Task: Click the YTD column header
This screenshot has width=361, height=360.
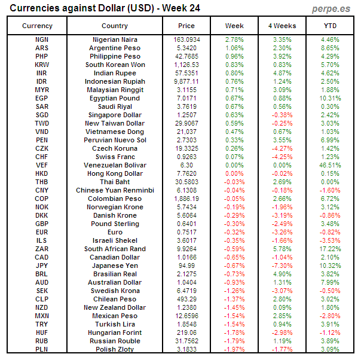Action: (x=330, y=26)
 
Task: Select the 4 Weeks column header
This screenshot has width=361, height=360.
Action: (x=282, y=26)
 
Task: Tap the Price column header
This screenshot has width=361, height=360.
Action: (x=186, y=26)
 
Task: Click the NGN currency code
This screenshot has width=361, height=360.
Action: (x=42, y=39)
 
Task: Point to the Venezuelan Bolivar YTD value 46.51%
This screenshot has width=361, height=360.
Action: (x=330, y=165)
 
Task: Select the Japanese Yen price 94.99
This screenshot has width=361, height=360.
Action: (x=186, y=266)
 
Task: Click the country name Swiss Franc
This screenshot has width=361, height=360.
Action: (x=115, y=157)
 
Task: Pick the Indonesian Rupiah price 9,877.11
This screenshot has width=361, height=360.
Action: (x=186, y=81)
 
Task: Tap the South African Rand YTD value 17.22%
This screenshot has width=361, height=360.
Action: (x=330, y=249)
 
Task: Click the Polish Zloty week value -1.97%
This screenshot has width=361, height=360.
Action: (x=234, y=349)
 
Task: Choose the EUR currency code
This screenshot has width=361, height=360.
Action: (x=42, y=232)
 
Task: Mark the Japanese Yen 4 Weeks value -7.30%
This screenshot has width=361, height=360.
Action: (x=282, y=266)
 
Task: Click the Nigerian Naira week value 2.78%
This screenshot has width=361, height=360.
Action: (x=234, y=39)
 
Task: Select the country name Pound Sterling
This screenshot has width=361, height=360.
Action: (x=115, y=224)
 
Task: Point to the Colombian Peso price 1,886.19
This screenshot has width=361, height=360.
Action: (x=186, y=199)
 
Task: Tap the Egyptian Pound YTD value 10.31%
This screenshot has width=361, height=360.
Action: (x=330, y=98)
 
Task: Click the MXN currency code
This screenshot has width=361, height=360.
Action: (x=42, y=316)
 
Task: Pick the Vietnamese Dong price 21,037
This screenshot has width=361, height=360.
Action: (x=186, y=132)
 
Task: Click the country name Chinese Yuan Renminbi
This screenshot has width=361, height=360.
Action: (x=115, y=190)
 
